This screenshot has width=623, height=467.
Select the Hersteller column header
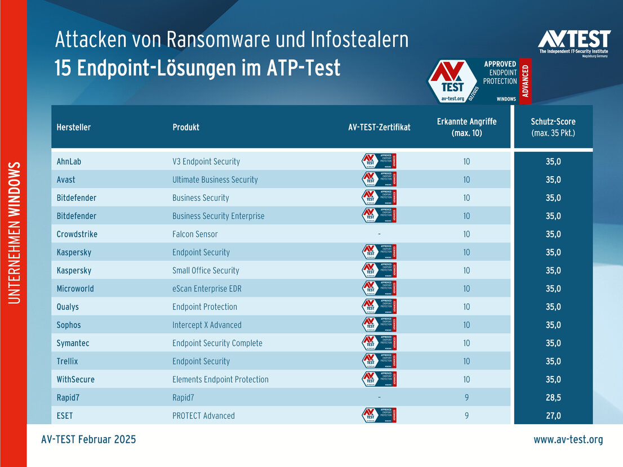pos(74,127)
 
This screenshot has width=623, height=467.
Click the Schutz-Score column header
pos(553,127)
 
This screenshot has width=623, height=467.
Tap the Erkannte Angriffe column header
pos(466,127)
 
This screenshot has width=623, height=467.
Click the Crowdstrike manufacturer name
pos(77,234)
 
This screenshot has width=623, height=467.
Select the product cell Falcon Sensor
pos(195,234)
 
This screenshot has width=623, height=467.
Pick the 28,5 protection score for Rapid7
pos(553,397)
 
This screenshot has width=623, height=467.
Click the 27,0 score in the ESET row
pos(553,416)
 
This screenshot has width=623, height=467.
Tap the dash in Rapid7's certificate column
pos(379,397)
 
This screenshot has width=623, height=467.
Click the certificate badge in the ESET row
pos(379,415)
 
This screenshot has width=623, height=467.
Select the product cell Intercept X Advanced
pos(207,325)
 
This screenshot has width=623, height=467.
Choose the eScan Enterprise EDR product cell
pos(207,289)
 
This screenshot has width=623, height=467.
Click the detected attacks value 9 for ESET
pos(466,416)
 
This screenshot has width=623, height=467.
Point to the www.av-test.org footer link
pos(568,439)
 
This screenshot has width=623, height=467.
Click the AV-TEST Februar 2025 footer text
pos(88,439)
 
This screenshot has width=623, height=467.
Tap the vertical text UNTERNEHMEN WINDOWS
pos(15,233)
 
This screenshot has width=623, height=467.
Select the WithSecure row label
pos(75,379)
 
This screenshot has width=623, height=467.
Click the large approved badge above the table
pos(479,81)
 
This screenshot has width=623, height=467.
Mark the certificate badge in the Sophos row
pos(379,325)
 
